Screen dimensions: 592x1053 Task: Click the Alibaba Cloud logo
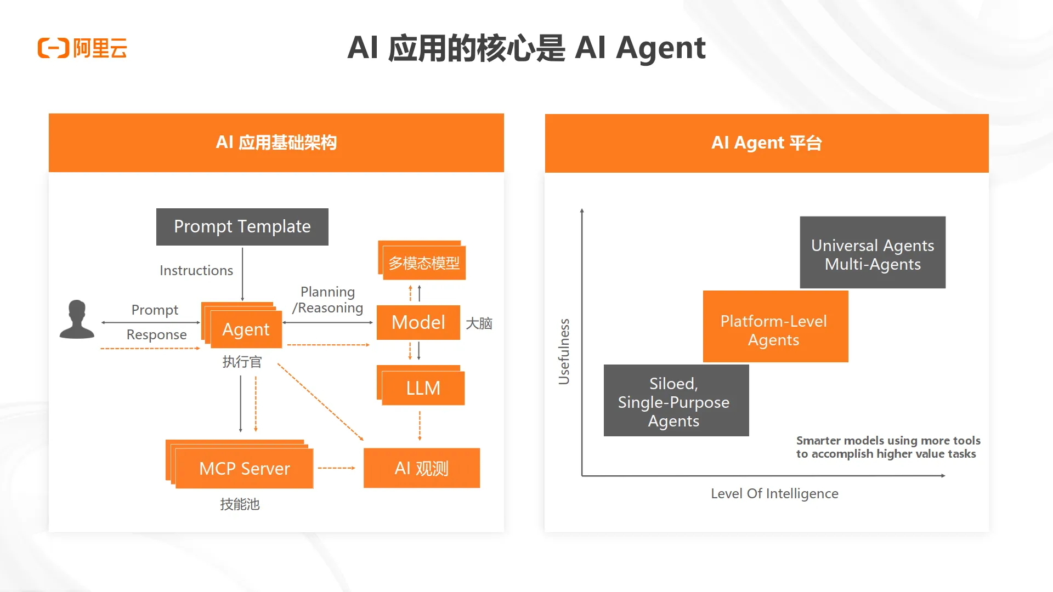[x=82, y=48]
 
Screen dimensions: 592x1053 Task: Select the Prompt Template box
[x=242, y=226]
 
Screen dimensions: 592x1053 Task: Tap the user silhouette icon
[x=77, y=320]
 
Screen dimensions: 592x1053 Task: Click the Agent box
[x=245, y=329]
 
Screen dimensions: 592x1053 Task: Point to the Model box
[x=418, y=322]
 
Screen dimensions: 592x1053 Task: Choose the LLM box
[x=423, y=388]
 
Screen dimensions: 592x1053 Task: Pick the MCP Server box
[x=244, y=468]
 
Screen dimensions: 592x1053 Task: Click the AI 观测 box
[x=421, y=468]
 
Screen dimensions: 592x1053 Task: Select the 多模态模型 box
[x=424, y=263]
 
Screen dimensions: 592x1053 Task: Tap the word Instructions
[x=196, y=270]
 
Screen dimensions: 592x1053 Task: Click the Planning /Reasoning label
[x=328, y=300]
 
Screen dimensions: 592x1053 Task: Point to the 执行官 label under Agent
[x=242, y=362]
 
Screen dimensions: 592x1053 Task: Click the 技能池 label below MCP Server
[x=240, y=504]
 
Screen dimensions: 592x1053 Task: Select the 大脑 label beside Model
[x=479, y=323]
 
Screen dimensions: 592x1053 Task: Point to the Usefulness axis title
[x=564, y=351]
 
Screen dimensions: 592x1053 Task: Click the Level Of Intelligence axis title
[x=774, y=493]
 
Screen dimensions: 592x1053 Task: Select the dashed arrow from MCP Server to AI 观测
[x=336, y=468]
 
